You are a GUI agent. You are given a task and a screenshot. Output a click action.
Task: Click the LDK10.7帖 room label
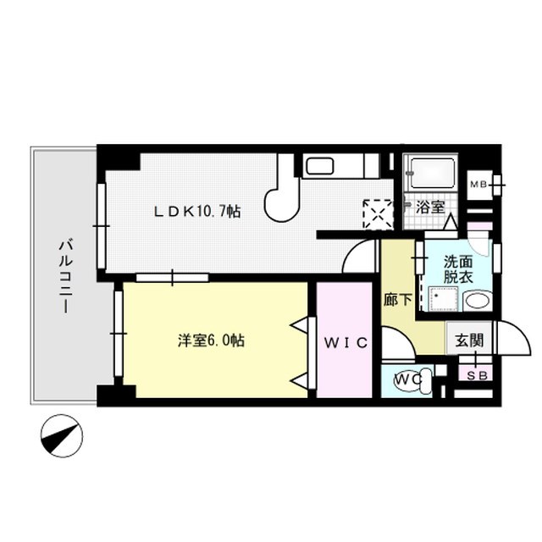(196, 211)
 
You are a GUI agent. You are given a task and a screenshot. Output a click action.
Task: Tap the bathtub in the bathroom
(430, 173)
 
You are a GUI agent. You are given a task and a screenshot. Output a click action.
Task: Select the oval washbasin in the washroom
(477, 301)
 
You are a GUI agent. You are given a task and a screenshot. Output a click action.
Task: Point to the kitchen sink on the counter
(319, 165)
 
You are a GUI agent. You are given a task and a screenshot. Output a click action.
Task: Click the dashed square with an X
(378, 214)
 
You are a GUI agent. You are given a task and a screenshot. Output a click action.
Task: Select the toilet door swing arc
(395, 342)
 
